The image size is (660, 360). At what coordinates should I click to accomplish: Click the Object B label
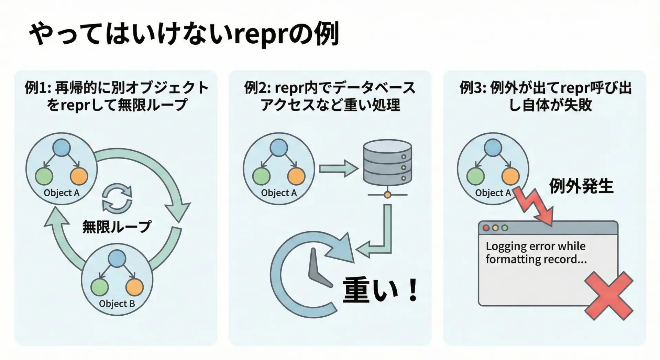coord(117,304)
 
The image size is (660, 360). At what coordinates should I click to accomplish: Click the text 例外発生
coord(581,186)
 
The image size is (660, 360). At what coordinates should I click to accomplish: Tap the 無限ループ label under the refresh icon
coord(117,227)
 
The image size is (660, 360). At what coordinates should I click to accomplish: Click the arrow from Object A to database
coord(338,168)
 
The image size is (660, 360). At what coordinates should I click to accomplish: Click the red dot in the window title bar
coord(486,228)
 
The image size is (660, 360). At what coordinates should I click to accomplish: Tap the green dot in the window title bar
coord(505,228)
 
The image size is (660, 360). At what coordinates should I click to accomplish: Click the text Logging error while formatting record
coord(536,253)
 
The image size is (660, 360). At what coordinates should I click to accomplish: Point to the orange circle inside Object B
coord(134,287)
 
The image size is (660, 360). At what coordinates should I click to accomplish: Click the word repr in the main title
coord(260,35)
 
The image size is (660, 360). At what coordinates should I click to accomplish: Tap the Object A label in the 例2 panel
coord(279,193)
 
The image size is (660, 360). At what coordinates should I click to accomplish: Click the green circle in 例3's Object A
coord(475,177)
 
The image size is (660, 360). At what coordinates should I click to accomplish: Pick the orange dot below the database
coord(387,195)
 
